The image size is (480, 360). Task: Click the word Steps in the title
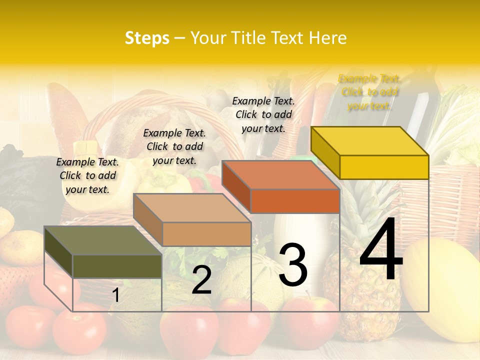click(147, 38)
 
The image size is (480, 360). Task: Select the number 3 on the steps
click(292, 264)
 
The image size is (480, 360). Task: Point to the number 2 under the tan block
click(201, 280)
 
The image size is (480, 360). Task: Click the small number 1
click(115, 295)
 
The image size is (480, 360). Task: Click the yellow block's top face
click(370, 141)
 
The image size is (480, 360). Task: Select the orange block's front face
click(295, 201)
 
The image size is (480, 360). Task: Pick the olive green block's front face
click(117, 266)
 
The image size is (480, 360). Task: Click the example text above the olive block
click(87, 175)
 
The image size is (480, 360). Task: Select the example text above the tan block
click(174, 146)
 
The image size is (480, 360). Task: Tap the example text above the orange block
click(263, 114)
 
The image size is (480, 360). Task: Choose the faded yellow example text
click(369, 92)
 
